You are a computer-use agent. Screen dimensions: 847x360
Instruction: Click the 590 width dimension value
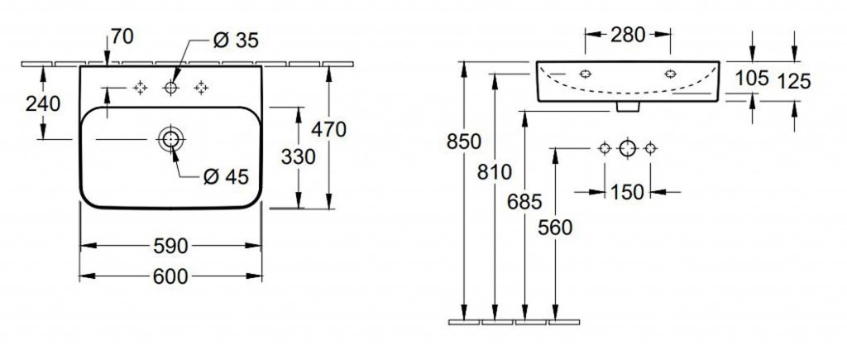170,246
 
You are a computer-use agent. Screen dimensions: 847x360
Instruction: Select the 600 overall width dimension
170,276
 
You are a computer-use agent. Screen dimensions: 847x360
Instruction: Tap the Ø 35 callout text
236,40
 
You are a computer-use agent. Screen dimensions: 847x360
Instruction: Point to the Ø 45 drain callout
226,176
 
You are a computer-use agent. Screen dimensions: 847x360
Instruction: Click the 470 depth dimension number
328,130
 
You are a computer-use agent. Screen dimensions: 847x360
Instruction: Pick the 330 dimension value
298,156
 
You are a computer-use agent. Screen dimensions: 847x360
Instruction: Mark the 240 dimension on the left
43,103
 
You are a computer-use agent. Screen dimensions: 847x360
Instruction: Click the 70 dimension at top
122,37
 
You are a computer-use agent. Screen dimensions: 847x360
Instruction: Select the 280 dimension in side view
628,35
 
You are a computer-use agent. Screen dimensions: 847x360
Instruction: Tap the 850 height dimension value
463,142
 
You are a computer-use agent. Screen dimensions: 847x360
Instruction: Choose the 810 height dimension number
495,172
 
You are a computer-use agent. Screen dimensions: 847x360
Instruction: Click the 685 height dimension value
524,202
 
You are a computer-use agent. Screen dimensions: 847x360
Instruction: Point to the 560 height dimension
555,228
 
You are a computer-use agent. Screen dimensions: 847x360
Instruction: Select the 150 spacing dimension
628,192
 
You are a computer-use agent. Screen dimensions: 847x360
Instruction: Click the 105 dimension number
752,79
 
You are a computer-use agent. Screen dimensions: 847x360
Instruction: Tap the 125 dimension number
794,82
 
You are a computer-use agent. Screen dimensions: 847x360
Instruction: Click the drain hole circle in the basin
170,139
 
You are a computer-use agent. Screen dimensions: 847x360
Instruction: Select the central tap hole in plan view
170,88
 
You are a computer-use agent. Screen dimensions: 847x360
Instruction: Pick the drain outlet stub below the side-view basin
627,107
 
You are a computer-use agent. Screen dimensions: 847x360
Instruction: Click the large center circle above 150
627,147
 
